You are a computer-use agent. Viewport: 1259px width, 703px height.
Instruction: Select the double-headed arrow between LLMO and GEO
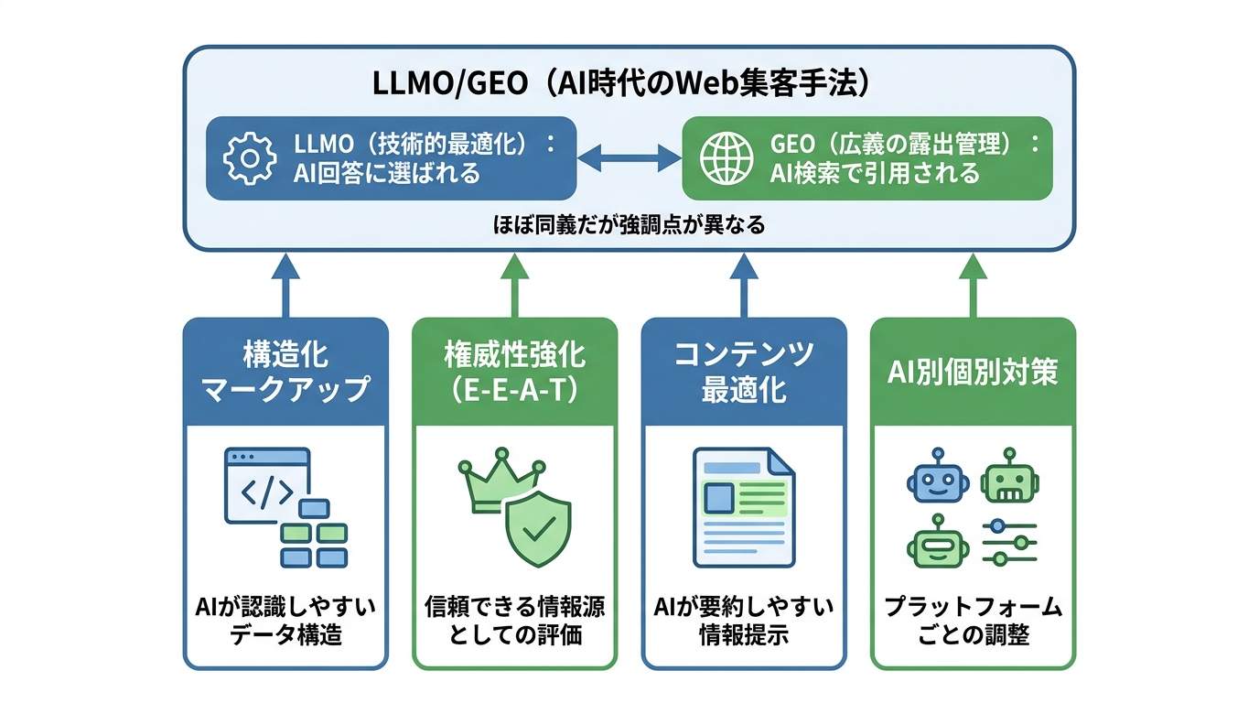coord(629,158)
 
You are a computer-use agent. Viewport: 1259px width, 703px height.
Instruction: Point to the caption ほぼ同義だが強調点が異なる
coord(629,224)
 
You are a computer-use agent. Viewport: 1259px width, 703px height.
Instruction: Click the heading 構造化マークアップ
coord(285,372)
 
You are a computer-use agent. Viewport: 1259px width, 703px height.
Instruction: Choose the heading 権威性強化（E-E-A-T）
coord(514,372)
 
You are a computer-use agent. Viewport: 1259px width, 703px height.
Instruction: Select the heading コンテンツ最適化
coord(743,372)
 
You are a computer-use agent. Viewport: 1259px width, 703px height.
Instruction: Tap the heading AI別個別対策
coord(972,373)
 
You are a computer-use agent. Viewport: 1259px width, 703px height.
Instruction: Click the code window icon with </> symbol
coord(266,485)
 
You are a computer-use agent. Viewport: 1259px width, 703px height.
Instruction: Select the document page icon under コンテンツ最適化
coord(743,506)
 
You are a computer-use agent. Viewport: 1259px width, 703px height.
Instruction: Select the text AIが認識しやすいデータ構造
coord(285,621)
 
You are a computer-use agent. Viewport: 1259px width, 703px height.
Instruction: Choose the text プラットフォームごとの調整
coord(973,621)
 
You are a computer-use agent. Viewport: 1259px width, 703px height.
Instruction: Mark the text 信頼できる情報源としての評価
coord(514,621)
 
